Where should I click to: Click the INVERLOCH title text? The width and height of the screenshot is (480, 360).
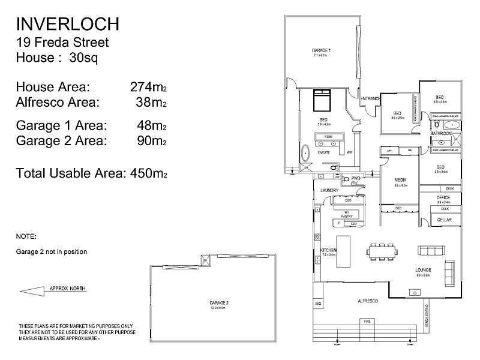pyautogui.click(x=67, y=24)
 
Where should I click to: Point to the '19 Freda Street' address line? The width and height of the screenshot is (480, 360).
pyautogui.click(x=62, y=43)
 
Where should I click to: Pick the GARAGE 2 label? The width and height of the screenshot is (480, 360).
pyautogui.click(x=220, y=302)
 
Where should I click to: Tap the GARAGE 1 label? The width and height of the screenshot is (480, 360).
pyautogui.click(x=322, y=50)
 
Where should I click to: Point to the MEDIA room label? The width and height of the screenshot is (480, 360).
pyautogui.click(x=401, y=180)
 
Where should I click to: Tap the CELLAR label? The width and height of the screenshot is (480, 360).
pyautogui.click(x=444, y=220)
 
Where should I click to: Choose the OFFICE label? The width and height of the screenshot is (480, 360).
pyautogui.click(x=443, y=197)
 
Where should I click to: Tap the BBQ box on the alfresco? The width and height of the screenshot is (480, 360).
pyautogui.click(x=318, y=305)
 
